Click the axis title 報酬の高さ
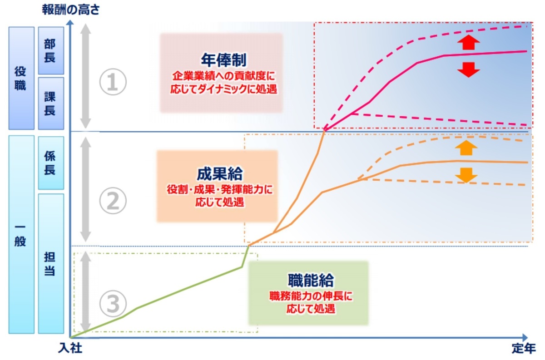71,10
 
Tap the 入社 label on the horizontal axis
70,348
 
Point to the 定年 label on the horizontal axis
524,348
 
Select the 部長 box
51,50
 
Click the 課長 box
51,104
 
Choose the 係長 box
51,163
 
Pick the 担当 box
51,263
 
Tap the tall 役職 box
21,78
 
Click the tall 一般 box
21,235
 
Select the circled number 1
113,82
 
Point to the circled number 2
113,201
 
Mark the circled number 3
113,304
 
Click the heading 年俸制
223,60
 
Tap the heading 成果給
219,174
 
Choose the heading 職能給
311,280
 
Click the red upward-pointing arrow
468,42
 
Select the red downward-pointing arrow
468,70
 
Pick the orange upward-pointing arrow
466,148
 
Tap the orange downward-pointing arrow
466,175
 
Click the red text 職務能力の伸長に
311,296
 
